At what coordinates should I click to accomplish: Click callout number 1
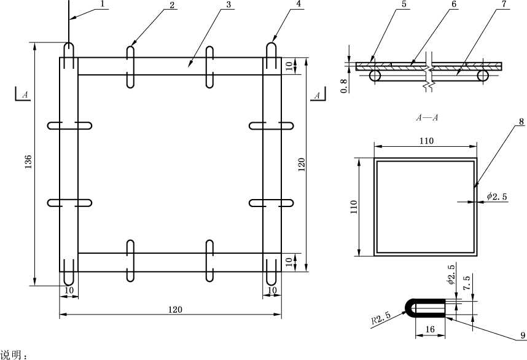point(103,4)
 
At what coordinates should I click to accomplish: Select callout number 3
point(228,4)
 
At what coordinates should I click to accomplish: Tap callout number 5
point(404,4)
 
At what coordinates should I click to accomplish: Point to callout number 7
point(504,4)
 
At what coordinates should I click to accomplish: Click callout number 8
point(521,122)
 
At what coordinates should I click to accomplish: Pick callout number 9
point(522,335)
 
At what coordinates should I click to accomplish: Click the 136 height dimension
point(28,162)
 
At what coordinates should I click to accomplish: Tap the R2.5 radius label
point(381,318)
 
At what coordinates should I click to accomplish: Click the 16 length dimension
point(430,329)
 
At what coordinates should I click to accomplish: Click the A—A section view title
point(427,117)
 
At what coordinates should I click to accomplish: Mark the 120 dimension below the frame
point(175,309)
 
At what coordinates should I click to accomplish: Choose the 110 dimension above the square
point(426,141)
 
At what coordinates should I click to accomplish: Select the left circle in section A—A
point(375,76)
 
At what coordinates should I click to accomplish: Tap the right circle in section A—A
point(483,76)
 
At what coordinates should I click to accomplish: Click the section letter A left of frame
point(25,95)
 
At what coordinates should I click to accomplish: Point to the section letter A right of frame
point(317,95)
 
